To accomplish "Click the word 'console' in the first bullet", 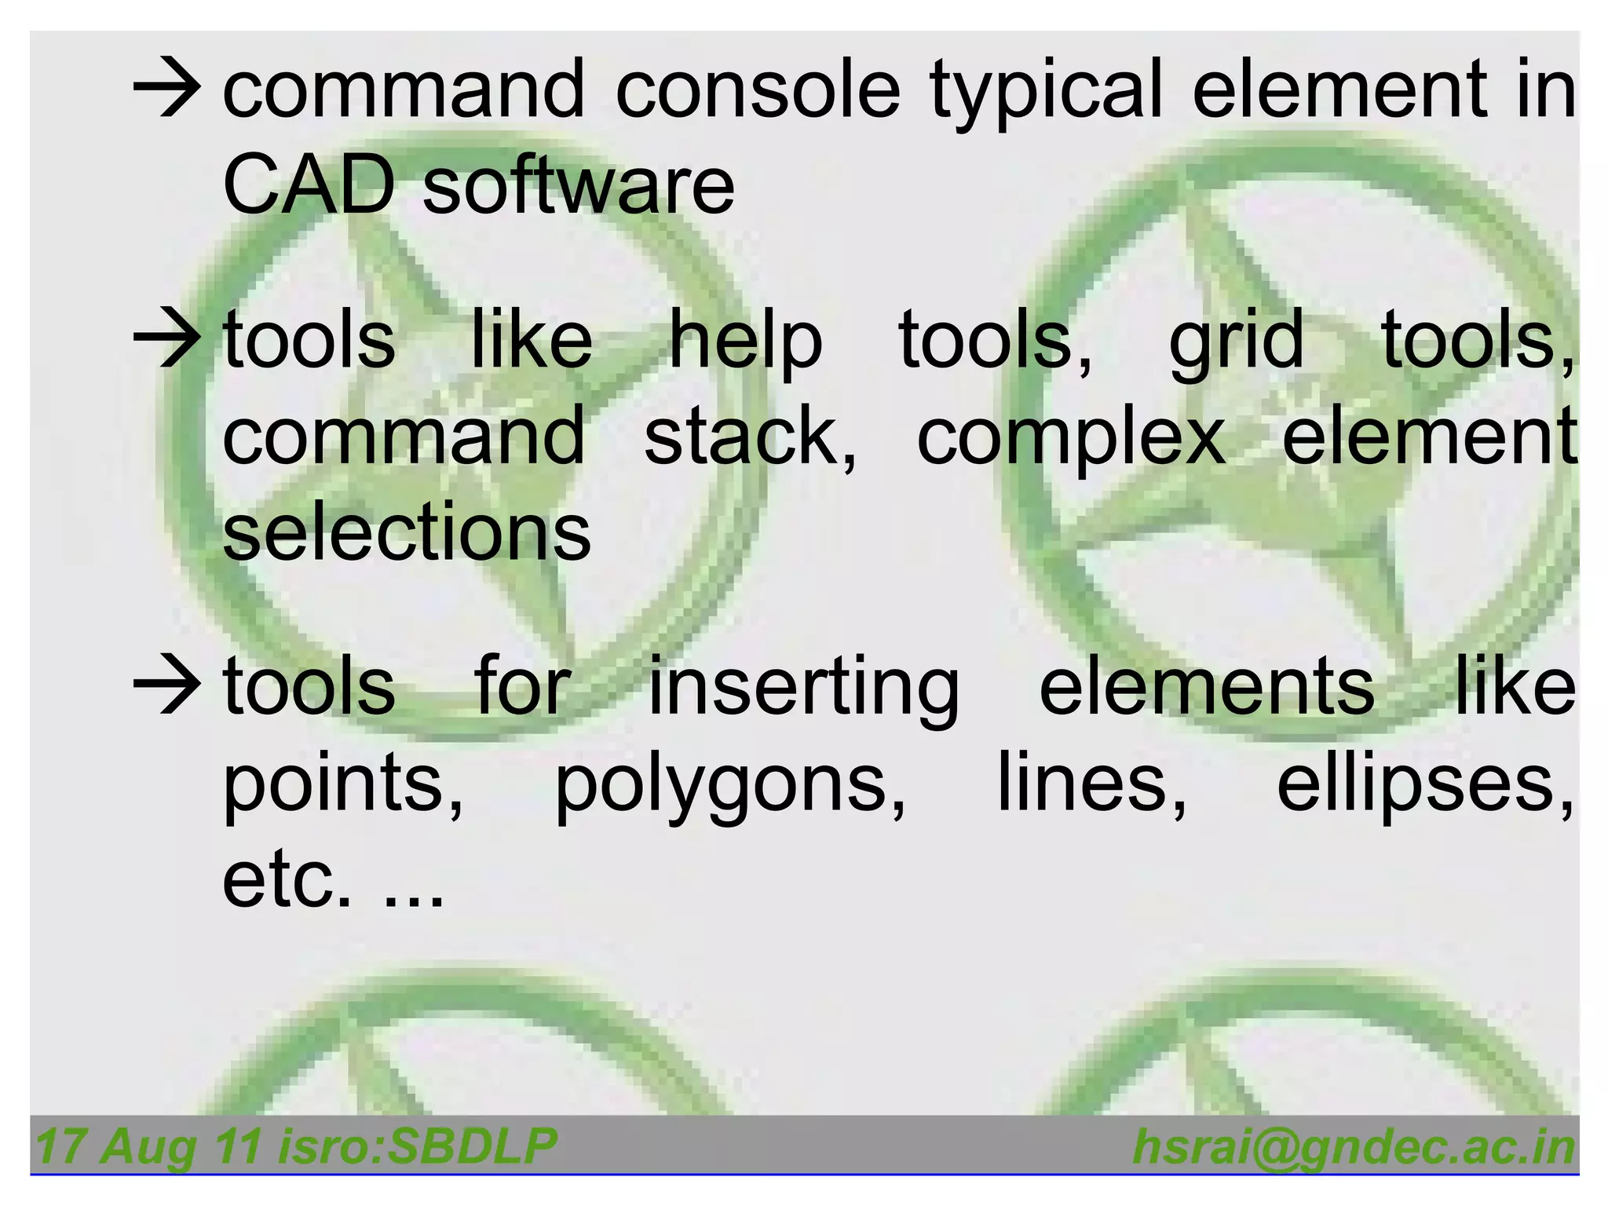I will [x=757, y=90].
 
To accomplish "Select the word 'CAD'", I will [x=308, y=185].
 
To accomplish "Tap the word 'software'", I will [x=579, y=185].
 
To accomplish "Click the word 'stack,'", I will [x=750, y=437].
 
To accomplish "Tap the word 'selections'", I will [x=407, y=532].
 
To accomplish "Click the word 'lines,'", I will [x=1092, y=782].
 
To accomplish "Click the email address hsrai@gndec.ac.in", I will [x=1354, y=1147].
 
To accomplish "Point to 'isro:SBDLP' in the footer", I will [x=418, y=1146].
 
